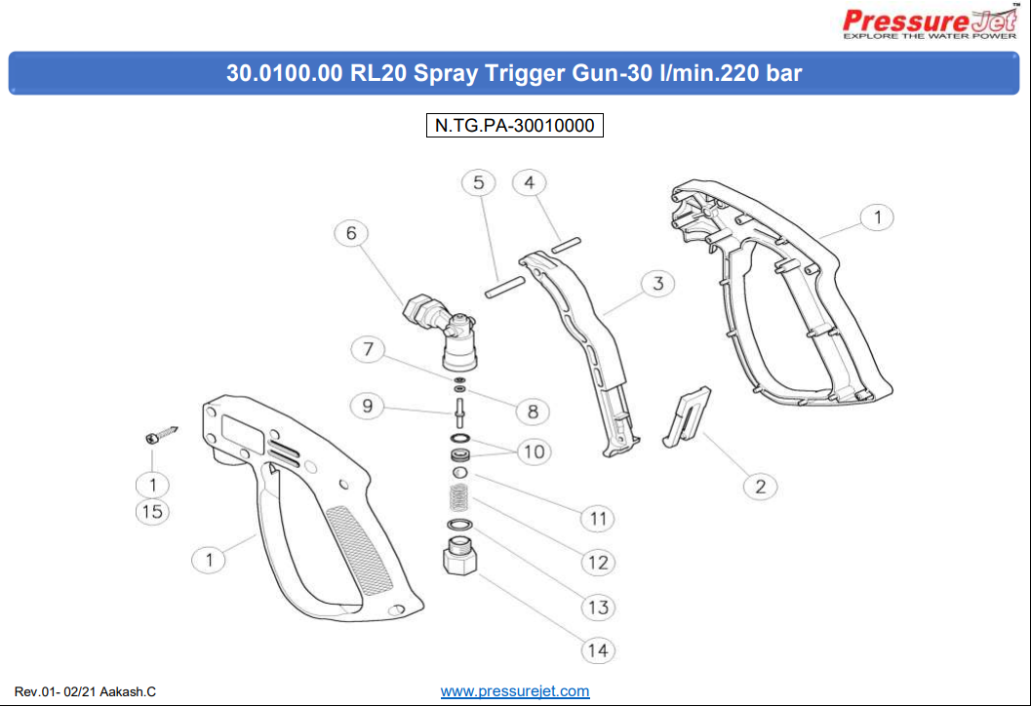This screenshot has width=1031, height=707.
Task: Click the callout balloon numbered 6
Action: pos(351,233)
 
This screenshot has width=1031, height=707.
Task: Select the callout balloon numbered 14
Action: pos(598,650)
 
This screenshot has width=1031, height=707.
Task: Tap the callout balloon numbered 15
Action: pos(152,512)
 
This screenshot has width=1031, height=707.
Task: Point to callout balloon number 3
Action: pos(657,284)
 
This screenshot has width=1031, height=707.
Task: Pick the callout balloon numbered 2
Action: pos(760,487)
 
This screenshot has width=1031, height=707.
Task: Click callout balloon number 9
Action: pos(368,406)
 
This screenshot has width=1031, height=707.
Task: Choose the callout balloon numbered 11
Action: pos(598,519)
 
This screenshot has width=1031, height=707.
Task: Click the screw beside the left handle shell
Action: pos(162,434)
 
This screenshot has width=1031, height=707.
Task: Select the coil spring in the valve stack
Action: pos(459,497)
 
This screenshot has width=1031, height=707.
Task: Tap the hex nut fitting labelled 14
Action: pos(460,556)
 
